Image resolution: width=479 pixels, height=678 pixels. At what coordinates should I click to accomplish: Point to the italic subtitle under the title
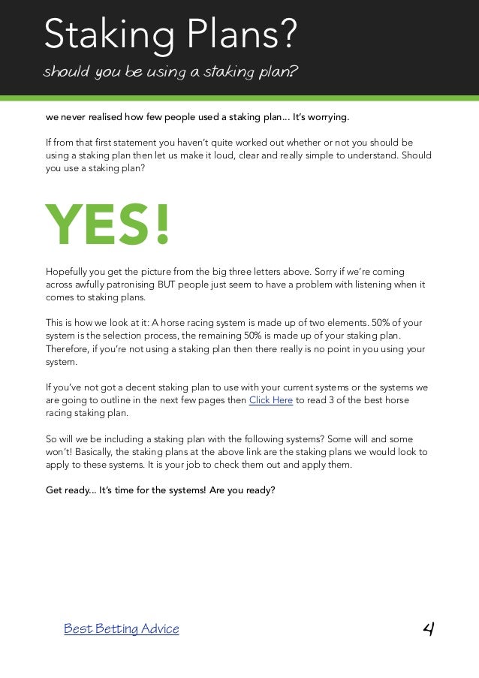tap(171, 73)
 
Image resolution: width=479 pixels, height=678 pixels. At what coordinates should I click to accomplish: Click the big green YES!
tap(108, 224)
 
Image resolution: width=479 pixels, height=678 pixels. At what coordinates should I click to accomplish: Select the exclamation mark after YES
tap(161, 224)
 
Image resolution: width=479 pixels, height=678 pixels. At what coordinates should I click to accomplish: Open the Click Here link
tap(270, 400)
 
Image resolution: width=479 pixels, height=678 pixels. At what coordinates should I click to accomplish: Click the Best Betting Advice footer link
tap(122, 628)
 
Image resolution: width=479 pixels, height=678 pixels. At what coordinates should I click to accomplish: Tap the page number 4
tap(429, 628)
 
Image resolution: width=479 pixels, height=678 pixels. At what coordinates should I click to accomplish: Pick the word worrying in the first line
tap(327, 118)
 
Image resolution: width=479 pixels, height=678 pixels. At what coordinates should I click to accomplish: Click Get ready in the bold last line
tap(71, 490)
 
